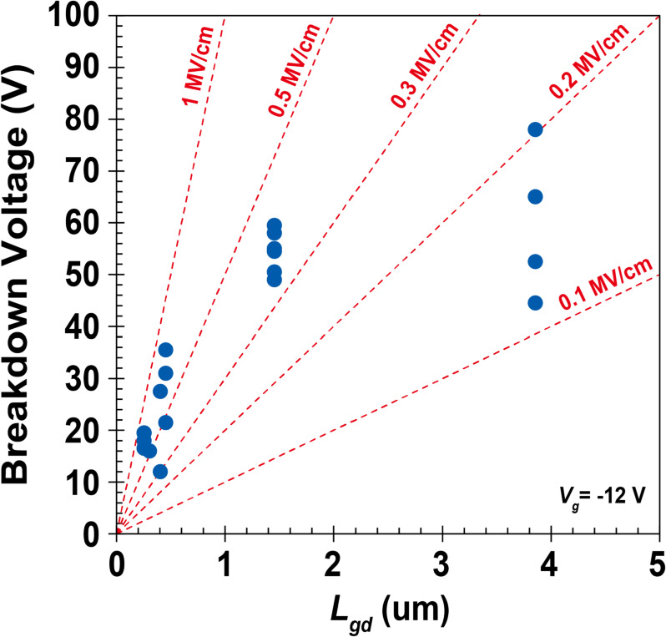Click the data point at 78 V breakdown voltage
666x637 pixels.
point(535,129)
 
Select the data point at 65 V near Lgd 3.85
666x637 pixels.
point(535,197)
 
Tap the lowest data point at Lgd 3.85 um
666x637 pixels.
point(535,303)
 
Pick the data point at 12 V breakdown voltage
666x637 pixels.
point(160,472)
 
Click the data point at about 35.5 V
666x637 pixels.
point(165,350)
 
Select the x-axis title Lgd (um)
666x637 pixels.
point(388,612)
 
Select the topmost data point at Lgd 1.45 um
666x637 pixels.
point(274,225)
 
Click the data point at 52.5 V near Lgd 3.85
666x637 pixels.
point(535,261)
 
